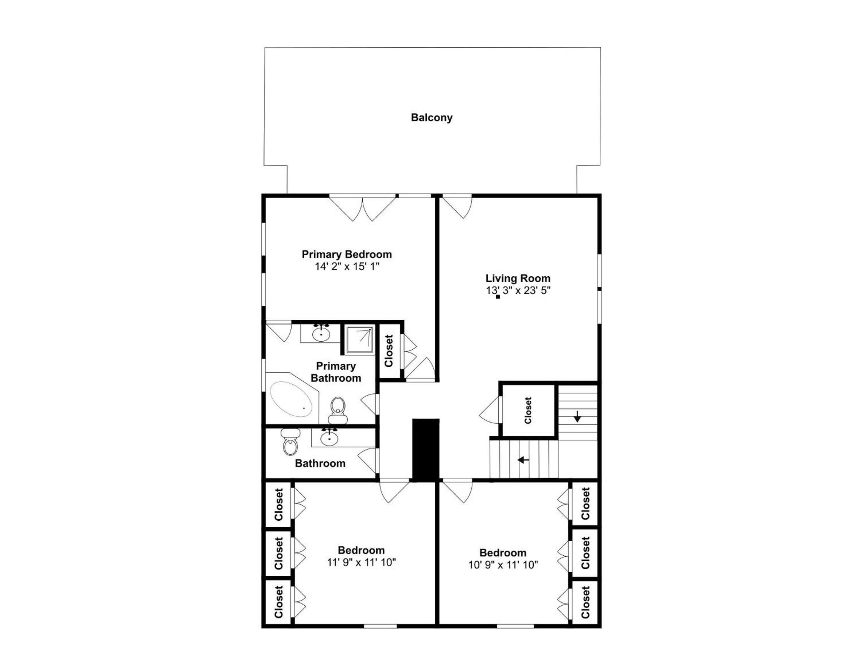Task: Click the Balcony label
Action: (x=432, y=118)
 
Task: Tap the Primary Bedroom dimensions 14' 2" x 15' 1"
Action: (x=347, y=267)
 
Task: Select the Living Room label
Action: (x=518, y=278)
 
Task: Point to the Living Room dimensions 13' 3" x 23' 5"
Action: (x=518, y=290)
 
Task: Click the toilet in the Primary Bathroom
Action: (x=338, y=410)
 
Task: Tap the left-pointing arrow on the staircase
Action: (x=523, y=460)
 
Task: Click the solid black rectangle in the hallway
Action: (x=426, y=450)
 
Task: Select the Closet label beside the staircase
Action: (x=528, y=410)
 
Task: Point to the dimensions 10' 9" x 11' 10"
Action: (x=503, y=565)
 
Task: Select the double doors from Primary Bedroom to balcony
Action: (x=362, y=208)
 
